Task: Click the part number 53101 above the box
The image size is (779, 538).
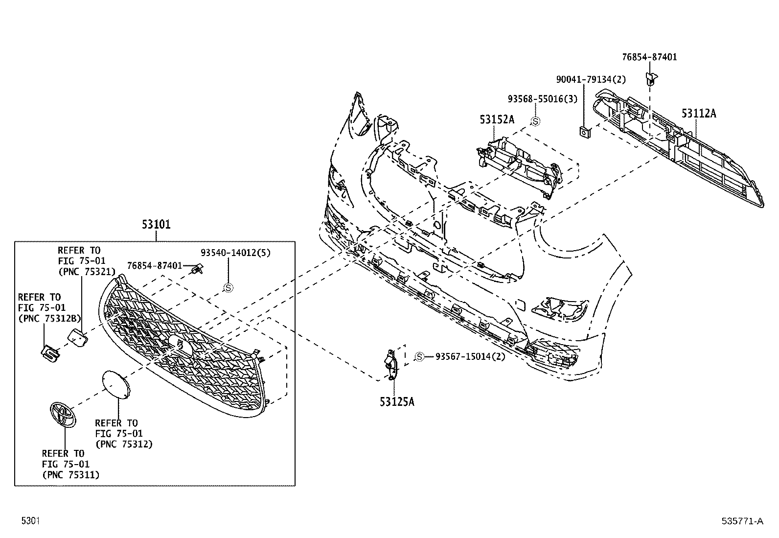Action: click(156, 225)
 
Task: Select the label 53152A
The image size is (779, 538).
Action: click(497, 119)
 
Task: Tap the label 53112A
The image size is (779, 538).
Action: click(699, 114)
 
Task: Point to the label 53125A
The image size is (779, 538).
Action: click(397, 402)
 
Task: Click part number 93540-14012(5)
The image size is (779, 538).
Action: click(235, 253)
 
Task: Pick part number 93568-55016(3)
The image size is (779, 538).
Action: click(542, 99)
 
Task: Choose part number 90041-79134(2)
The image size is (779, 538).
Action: click(591, 79)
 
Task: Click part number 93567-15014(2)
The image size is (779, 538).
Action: click(470, 356)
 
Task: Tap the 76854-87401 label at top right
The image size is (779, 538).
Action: click(649, 57)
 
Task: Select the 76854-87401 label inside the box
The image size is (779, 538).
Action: click(154, 265)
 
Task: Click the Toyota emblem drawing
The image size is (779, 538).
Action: click(63, 415)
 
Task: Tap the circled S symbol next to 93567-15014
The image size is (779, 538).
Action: click(419, 357)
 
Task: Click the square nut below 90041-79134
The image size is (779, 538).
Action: click(584, 131)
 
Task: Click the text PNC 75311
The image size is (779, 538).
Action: click(70, 474)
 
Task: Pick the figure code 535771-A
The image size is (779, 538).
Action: click(742, 521)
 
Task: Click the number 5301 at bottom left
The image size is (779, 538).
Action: click(30, 521)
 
